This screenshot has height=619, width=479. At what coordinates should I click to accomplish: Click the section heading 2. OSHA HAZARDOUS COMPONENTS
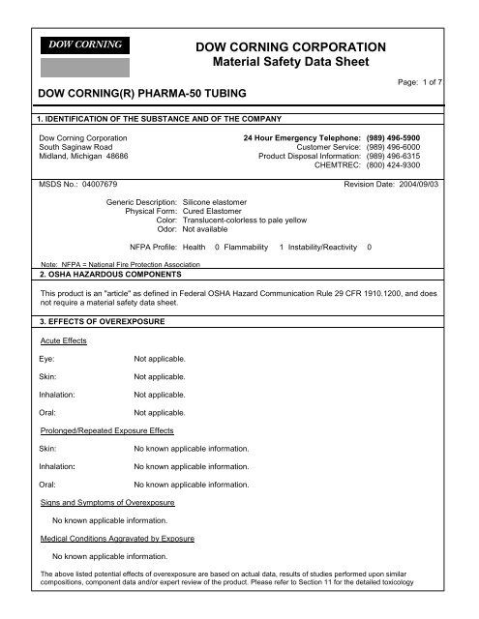click(108, 273)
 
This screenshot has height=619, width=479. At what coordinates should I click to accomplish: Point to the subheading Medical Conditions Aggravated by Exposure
click(116, 537)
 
